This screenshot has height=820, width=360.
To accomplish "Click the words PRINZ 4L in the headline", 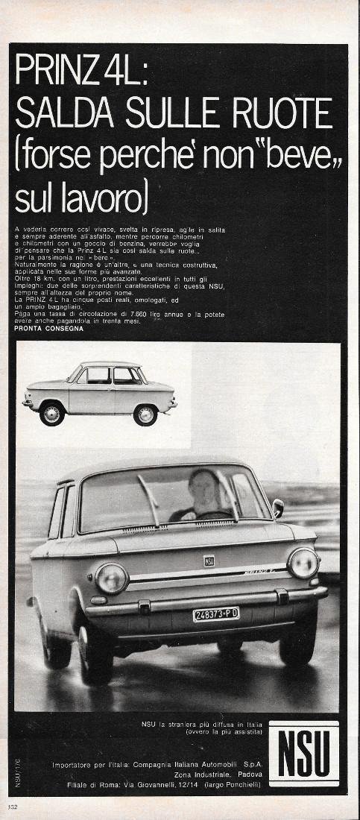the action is (82, 72).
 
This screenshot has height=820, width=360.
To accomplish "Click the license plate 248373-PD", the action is (216, 614).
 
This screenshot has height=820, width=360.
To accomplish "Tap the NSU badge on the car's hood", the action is (209, 561).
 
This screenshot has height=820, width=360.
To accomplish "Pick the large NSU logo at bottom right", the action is (303, 753).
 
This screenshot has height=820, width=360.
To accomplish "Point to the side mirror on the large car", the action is (278, 508).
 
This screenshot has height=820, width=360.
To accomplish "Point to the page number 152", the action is (12, 807).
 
